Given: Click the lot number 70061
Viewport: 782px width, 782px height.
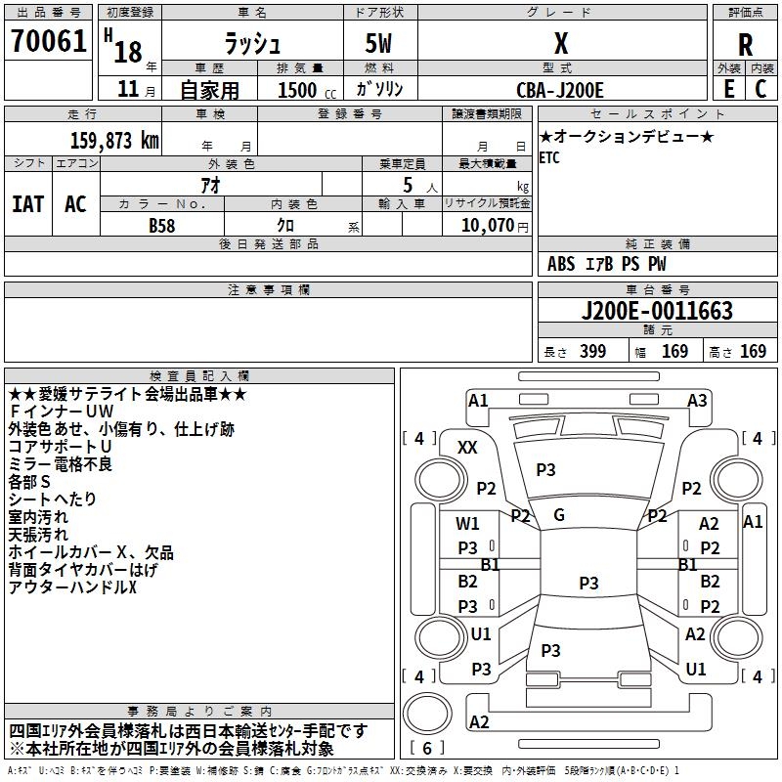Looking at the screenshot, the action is tap(49, 40).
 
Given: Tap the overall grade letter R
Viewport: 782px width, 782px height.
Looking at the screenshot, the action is tap(745, 45).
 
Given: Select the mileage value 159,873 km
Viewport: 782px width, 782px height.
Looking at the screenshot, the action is tap(114, 141).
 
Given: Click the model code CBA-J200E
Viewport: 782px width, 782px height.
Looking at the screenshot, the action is tap(560, 90).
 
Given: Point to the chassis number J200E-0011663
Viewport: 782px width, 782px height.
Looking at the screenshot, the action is tap(657, 311).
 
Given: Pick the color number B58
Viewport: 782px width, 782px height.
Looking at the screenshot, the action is tap(162, 226).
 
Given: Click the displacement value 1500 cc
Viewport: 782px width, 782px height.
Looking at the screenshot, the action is tap(306, 90).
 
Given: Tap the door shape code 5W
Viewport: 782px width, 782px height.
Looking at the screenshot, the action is tap(378, 43).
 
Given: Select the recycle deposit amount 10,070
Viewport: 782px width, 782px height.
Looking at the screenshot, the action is tap(488, 226).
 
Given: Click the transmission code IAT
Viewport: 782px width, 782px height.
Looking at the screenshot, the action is tap(28, 204).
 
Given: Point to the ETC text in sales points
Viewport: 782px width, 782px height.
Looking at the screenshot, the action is tap(549, 158).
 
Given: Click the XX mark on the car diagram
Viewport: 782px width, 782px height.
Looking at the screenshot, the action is tap(467, 448).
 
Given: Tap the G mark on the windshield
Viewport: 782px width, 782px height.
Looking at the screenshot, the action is tap(559, 515).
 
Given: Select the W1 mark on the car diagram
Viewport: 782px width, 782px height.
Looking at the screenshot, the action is tap(467, 523).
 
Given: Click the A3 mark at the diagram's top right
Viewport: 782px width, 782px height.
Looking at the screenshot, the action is tap(697, 401).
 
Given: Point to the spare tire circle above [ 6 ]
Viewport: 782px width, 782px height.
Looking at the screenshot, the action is tap(427, 714).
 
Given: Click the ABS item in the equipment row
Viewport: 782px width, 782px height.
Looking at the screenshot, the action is tap(561, 264).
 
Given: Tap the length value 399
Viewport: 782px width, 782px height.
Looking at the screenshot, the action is tap(592, 351).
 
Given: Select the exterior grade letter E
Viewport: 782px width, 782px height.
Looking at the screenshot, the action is tap(729, 89).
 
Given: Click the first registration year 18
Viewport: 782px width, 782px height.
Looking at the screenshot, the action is tap(128, 52).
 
